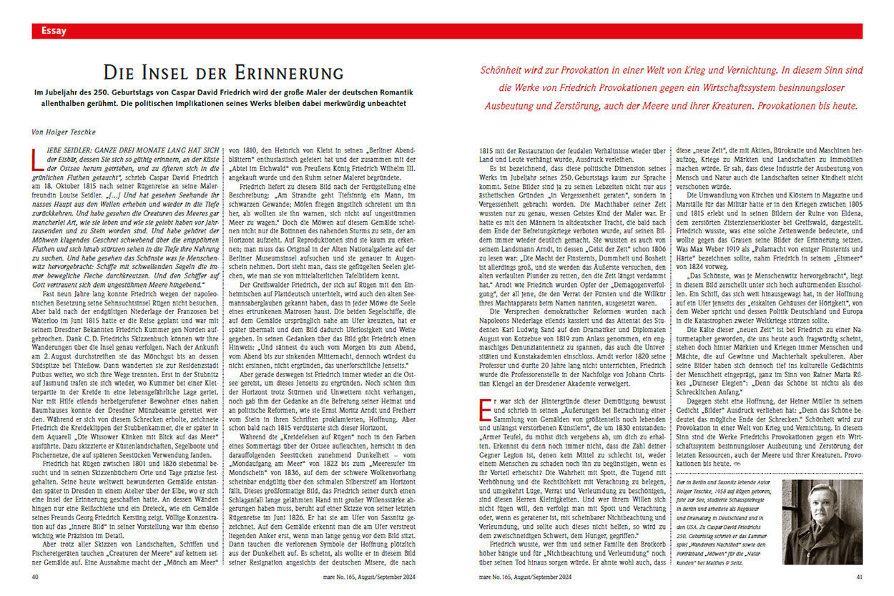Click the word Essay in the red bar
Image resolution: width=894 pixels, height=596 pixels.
[x=54, y=31]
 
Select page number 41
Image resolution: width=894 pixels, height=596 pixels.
[x=860, y=576]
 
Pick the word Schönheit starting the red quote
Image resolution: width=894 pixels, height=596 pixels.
[x=502, y=72]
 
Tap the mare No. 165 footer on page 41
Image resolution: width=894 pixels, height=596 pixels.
[x=525, y=576]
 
